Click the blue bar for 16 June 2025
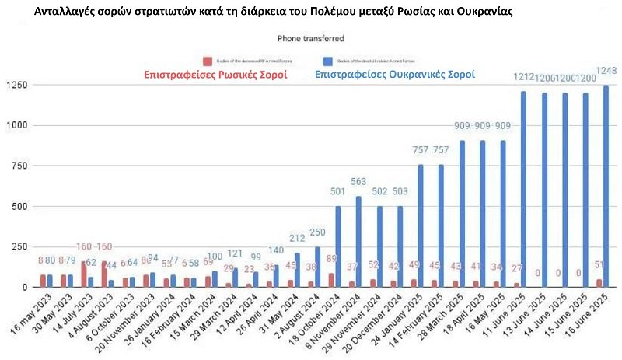click(x=606, y=187)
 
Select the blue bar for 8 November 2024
click(x=358, y=242)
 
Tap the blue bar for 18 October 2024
click(x=338, y=246)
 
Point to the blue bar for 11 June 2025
click(x=523, y=190)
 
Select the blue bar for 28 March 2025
click(x=462, y=214)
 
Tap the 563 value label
click(x=359, y=183)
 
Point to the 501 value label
click(x=338, y=193)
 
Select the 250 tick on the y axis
click(x=23, y=247)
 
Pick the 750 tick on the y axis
click(x=23, y=166)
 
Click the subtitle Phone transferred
click(x=310, y=38)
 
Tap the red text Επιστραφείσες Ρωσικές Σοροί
click(x=215, y=75)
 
